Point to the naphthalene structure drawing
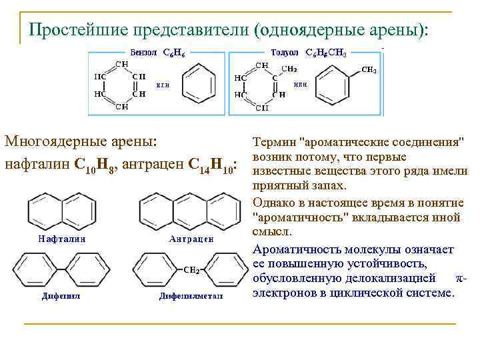click(x=58, y=211)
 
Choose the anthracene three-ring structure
click(x=187, y=211)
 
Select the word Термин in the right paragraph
click(x=275, y=143)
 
